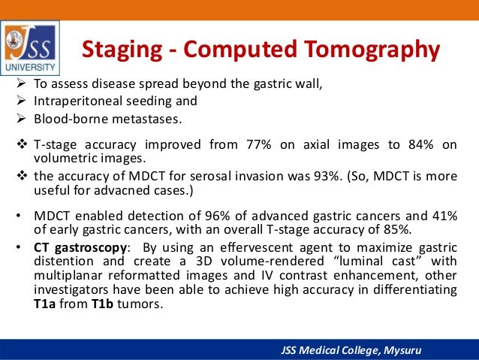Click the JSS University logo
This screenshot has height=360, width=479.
30,47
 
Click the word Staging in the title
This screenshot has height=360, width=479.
122,50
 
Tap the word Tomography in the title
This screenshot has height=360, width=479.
372,50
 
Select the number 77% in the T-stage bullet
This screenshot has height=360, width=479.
259,144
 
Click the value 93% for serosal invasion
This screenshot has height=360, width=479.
327,176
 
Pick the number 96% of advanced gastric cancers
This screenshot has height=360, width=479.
217,216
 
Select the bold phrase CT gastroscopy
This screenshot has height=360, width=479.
80,248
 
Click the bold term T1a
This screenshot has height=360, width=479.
44,304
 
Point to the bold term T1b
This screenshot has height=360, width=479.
102,304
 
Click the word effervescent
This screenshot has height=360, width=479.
256,247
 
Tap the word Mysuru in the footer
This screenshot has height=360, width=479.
402,350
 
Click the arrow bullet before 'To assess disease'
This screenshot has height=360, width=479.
21,83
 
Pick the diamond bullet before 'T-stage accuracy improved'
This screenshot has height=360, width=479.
22,144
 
